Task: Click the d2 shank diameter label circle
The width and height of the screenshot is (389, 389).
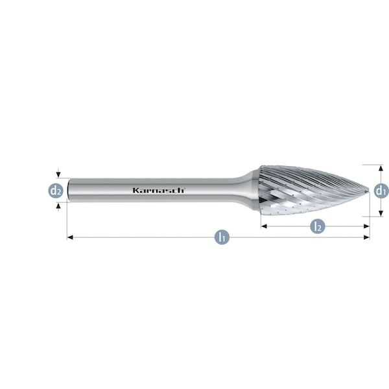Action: pyautogui.click(x=56, y=191)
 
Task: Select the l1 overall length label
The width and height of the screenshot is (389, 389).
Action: pyautogui.click(x=221, y=237)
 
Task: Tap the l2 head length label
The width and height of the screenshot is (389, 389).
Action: pyautogui.click(x=316, y=226)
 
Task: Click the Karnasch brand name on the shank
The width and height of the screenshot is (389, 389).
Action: pyautogui.click(x=159, y=191)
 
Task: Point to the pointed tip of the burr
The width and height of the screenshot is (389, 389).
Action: pyautogui.click(x=368, y=190)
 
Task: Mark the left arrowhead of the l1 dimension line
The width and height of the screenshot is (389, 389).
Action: pyautogui.click(x=70, y=237)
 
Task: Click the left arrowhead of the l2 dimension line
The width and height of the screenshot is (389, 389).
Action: pyautogui.click(x=264, y=226)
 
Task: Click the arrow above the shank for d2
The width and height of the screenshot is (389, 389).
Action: pyautogui.click(x=59, y=174)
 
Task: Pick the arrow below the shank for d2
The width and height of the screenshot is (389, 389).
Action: pyautogui.click(x=59, y=206)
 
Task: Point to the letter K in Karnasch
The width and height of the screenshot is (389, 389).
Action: pyautogui.click(x=136, y=191)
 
